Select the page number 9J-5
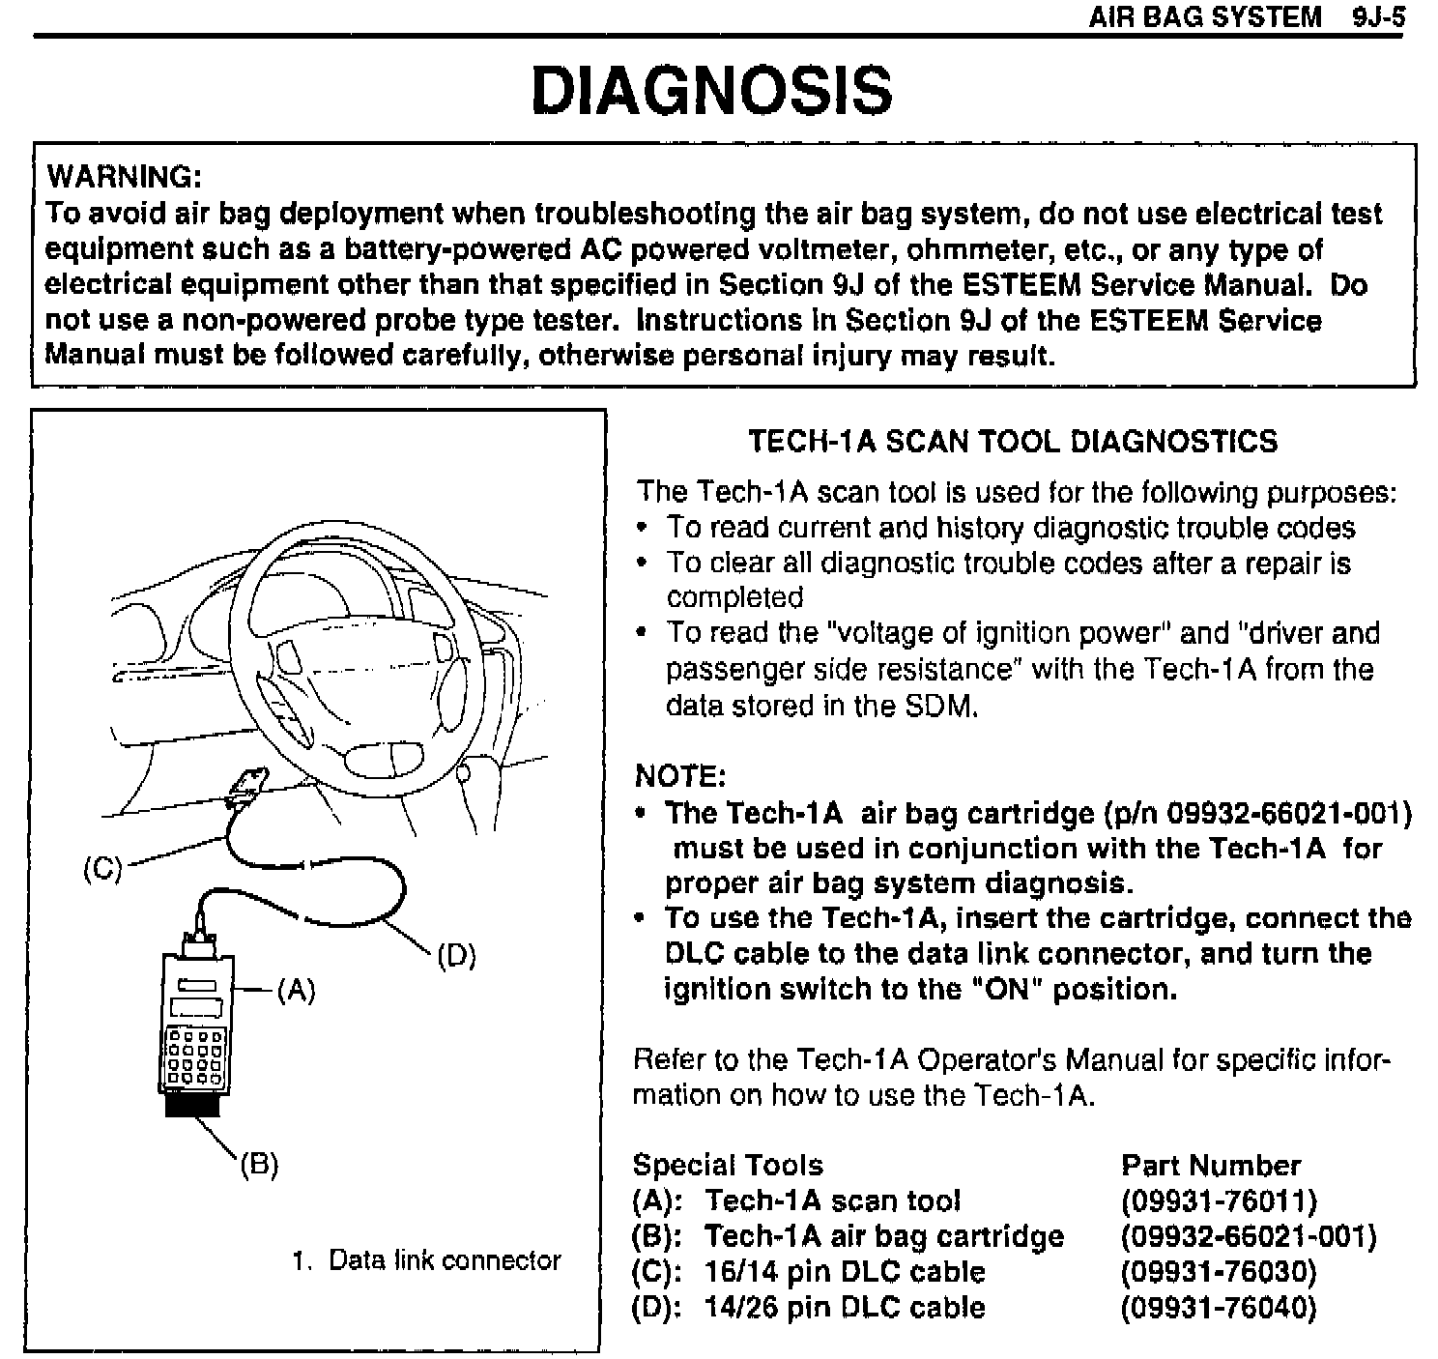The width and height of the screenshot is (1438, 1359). pos(1378,16)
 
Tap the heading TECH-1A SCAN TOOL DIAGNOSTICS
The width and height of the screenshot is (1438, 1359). pos(1013,442)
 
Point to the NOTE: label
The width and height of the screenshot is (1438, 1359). pos(679,776)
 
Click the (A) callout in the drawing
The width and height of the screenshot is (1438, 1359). pos(296,990)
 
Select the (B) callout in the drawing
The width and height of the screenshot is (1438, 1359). pos(259,1164)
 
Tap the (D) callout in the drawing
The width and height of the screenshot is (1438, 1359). pos(456,956)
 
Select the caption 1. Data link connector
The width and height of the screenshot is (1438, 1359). pos(426,1260)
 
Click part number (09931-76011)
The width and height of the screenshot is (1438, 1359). pos(1219,1200)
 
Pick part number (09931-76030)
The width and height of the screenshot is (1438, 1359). pos(1219,1271)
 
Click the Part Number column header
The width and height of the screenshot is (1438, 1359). pos(1210,1165)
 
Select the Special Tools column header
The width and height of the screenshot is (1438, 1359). pos(728,1165)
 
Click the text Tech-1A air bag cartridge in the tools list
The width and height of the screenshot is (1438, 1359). pos(883,1236)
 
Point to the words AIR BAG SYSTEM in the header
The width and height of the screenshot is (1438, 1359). pos(1204,16)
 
